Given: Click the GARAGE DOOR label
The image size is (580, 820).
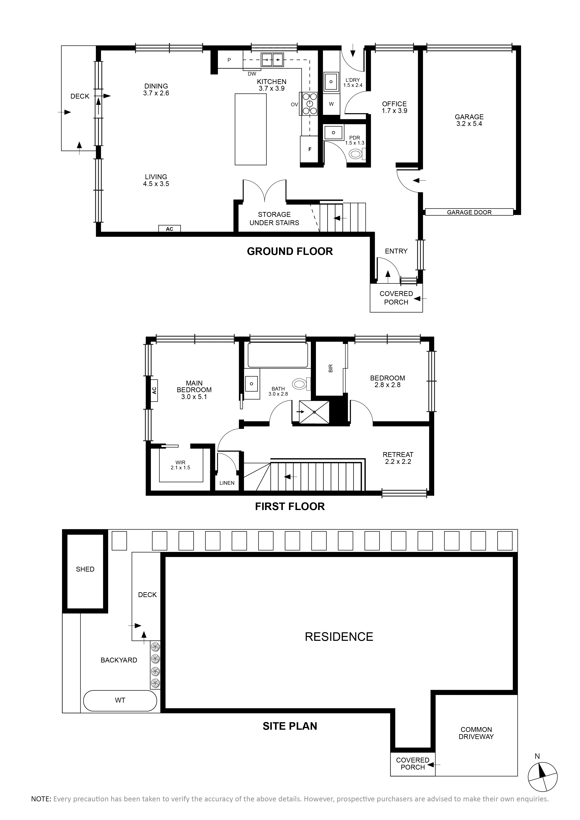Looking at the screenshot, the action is (469, 212).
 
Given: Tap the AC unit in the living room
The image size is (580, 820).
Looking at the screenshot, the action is (170, 229).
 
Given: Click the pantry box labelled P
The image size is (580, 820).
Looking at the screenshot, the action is (229, 60).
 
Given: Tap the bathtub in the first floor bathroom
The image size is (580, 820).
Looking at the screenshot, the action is (277, 355).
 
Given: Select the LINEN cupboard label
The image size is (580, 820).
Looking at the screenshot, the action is (227, 483).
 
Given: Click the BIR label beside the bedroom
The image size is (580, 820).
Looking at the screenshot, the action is (330, 368).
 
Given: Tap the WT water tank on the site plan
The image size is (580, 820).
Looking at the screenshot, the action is (120, 700).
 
